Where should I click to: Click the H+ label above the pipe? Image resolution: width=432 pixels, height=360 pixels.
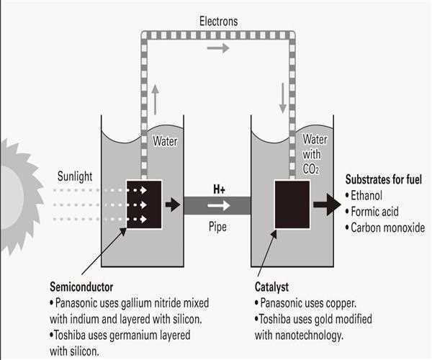[x=219, y=189]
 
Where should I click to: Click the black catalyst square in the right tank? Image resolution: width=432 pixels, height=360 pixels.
[x=292, y=204]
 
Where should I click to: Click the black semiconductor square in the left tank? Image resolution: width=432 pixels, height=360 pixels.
[x=143, y=204]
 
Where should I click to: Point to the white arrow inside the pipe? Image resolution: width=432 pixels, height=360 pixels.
[x=219, y=205]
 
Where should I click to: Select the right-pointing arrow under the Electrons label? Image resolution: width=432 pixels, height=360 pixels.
[x=219, y=48]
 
